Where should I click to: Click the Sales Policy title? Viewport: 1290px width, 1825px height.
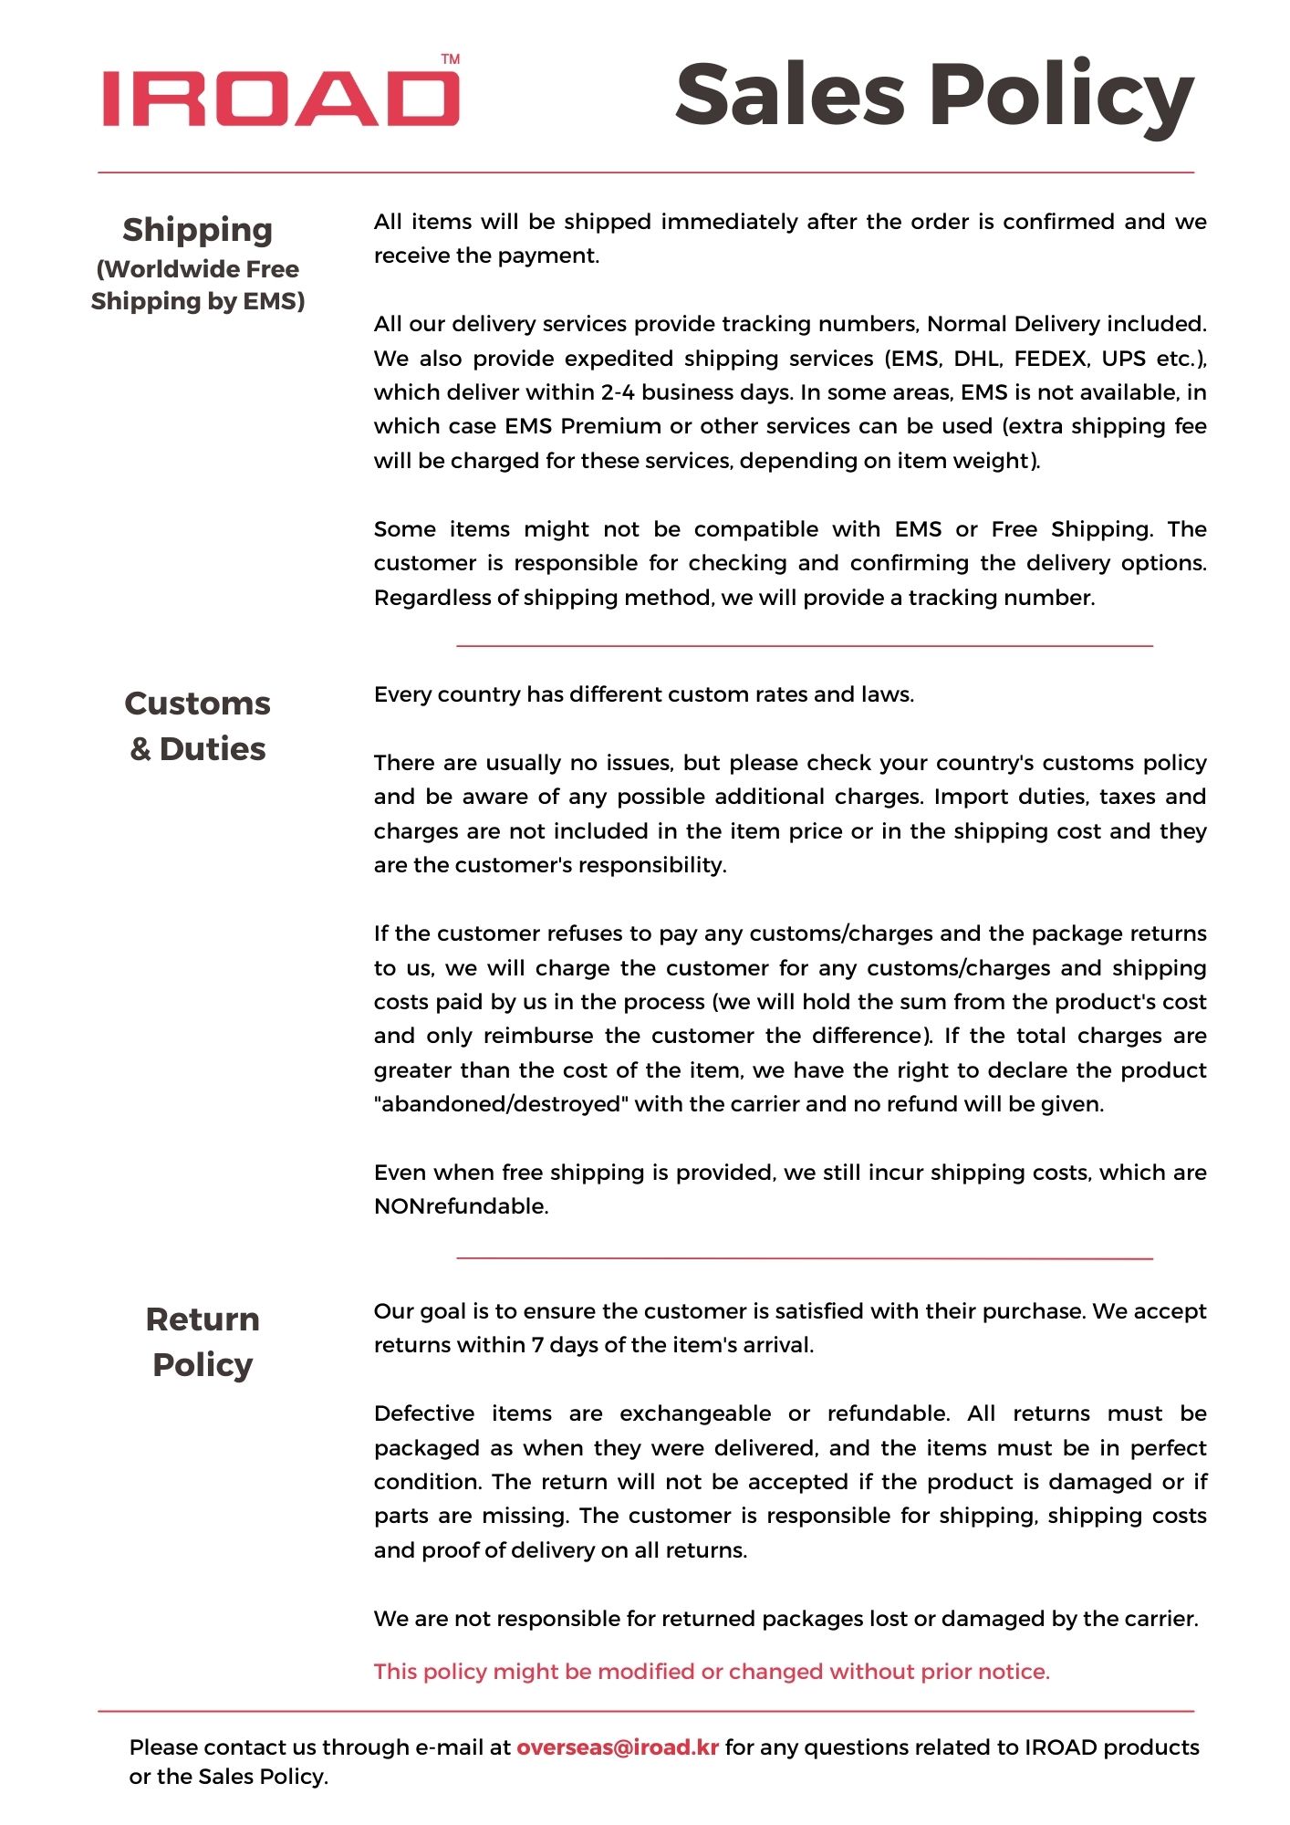(934, 96)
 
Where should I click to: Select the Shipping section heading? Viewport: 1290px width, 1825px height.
(198, 230)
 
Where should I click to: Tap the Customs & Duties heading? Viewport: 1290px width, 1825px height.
(198, 725)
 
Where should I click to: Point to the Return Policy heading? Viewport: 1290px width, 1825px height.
(203, 1341)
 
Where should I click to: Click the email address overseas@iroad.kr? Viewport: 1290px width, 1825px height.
(618, 1747)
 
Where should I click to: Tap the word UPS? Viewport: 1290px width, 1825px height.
(1123, 359)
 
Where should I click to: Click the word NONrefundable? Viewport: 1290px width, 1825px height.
(460, 1206)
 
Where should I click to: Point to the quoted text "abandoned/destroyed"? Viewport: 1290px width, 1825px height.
(501, 1104)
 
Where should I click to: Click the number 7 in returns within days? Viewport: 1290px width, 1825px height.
(537, 1345)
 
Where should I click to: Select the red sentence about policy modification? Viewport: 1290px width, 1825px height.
(712, 1671)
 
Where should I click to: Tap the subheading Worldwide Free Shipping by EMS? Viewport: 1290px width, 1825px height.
(198, 285)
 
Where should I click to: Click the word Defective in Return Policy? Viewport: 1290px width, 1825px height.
(424, 1413)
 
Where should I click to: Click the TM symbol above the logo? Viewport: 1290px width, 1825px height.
(451, 59)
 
